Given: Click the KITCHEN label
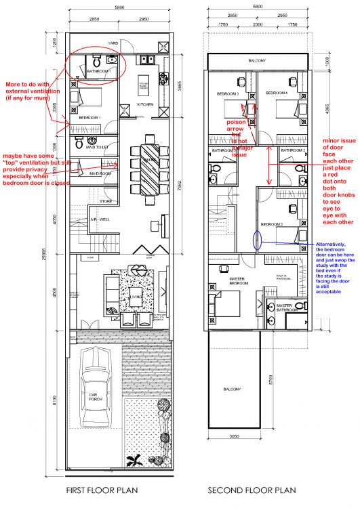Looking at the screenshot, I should pyautogui.click(x=146, y=105).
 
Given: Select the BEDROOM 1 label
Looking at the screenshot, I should pyautogui.click(x=89, y=117).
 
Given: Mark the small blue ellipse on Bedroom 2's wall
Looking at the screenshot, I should pyautogui.click(x=257, y=240).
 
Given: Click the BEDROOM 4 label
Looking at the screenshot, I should pyautogui.click(x=276, y=92).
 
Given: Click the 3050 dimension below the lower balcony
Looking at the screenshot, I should pyautogui.click(x=233, y=438).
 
